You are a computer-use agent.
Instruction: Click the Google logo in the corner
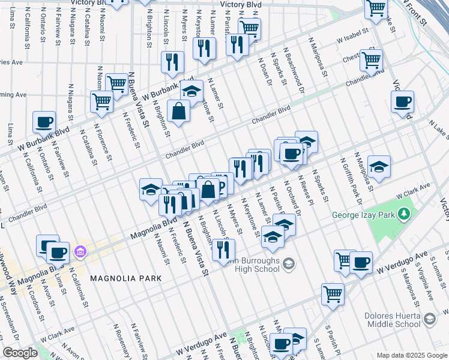click(x=20, y=353)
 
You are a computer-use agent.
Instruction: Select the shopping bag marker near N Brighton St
click(x=179, y=111)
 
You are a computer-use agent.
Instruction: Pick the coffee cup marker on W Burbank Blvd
click(x=44, y=122)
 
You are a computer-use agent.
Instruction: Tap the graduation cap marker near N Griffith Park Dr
click(x=379, y=166)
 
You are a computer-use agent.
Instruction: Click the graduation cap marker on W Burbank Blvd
click(x=191, y=91)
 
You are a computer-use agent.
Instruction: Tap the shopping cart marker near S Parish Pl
click(x=333, y=294)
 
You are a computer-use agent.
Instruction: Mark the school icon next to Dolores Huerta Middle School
click(x=429, y=319)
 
